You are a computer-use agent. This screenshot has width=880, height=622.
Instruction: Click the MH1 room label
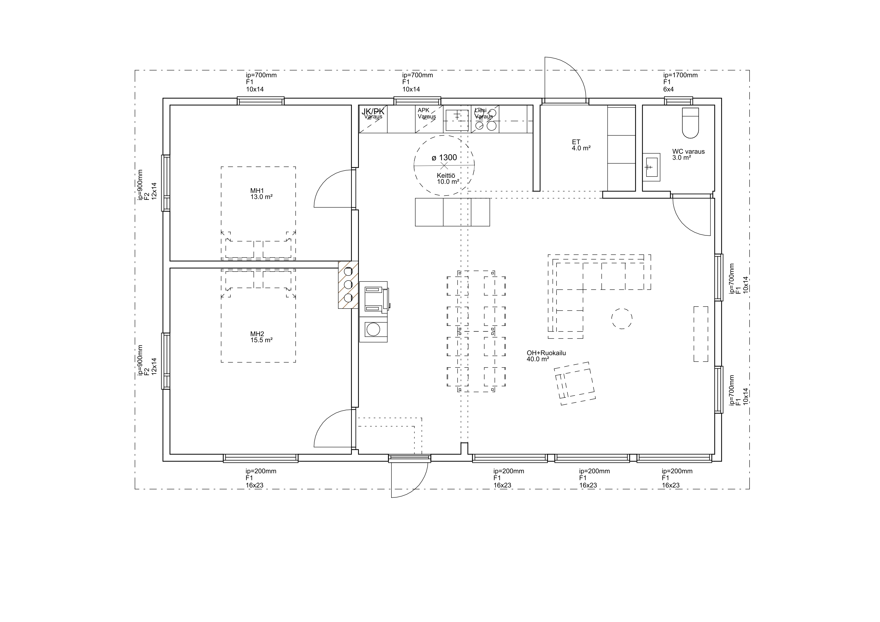pyautogui.click(x=257, y=191)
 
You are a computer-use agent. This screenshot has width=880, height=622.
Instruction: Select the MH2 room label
pyautogui.click(x=257, y=334)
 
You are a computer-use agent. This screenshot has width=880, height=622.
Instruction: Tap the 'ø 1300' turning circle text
pyautogui.click(x=444, y=157)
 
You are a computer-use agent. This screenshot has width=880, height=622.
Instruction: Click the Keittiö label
pyautogui.click(x=446, y=175)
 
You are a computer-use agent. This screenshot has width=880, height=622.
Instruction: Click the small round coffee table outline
pyautogui.click(x=622, y=318)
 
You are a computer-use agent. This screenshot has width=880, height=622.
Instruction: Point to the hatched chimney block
pyautogui.click(x=348, y=285)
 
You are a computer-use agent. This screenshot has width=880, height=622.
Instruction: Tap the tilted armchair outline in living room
pyautogui.click(x=575, y=384)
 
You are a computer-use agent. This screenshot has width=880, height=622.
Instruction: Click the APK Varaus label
pyautogui.click(x=427, y=113)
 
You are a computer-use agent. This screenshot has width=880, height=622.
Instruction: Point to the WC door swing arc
pyautogui.click(x=684, y=224)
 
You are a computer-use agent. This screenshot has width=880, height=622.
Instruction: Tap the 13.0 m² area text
pyautogui.click(x=261, y=197)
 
